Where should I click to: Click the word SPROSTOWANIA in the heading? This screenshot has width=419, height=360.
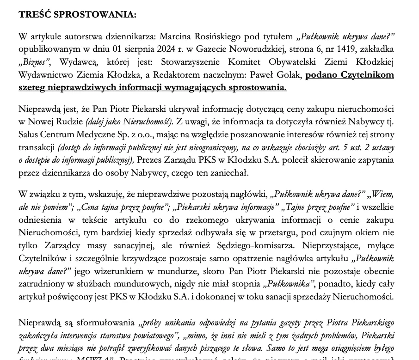96,14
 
